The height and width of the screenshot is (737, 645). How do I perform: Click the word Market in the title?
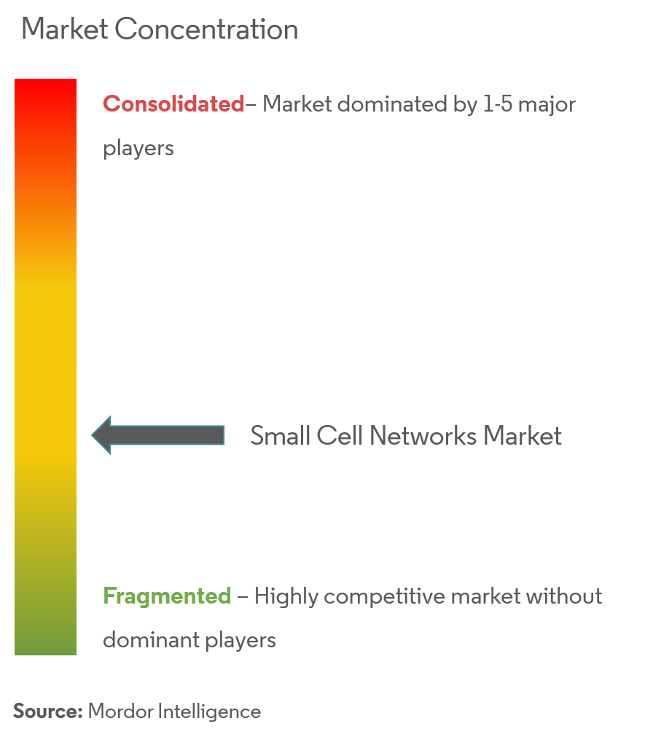[65, 29]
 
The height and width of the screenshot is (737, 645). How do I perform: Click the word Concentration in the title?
[207, 29]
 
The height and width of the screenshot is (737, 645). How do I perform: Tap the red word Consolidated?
[173, 104]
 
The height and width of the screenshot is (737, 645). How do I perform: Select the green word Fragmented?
[167, 596]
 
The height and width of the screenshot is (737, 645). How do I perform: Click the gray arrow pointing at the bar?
[158, 435]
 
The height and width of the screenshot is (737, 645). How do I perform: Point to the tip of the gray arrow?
[92, 435]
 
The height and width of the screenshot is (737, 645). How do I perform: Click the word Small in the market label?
[281, 435]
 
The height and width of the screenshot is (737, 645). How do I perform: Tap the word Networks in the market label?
[423, 435]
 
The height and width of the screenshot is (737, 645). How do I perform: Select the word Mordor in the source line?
[120, 711]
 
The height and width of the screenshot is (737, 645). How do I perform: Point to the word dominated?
[392, 104]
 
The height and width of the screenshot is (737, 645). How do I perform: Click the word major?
[547, 106]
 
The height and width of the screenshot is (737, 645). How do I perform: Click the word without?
[564, 596]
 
